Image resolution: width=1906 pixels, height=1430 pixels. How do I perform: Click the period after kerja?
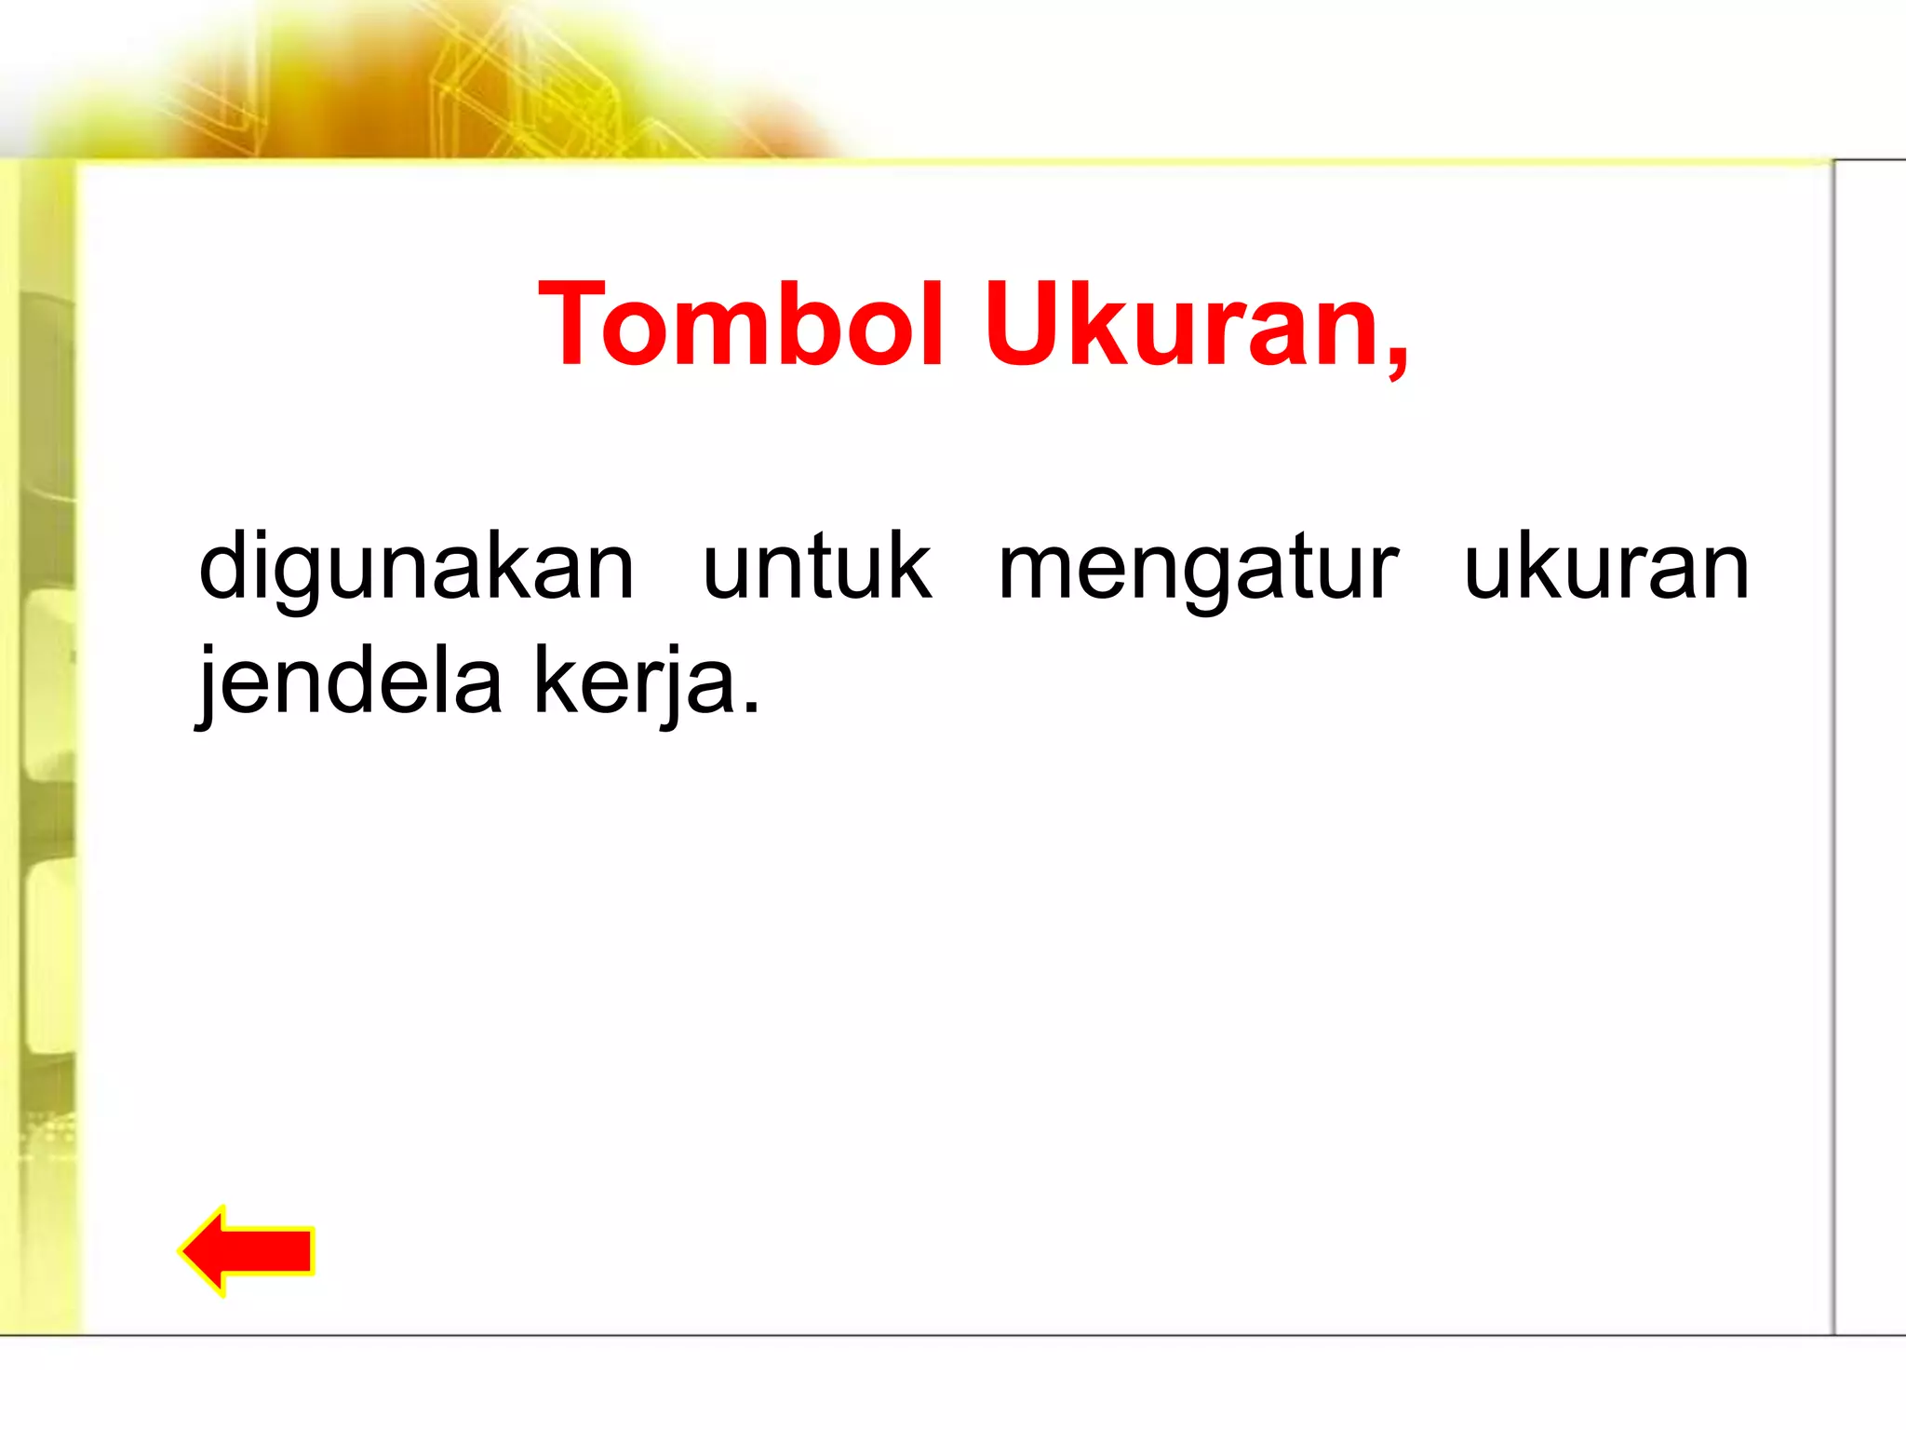[x=752, y=708]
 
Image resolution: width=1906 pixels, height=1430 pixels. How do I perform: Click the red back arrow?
[x=248, y=1250]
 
